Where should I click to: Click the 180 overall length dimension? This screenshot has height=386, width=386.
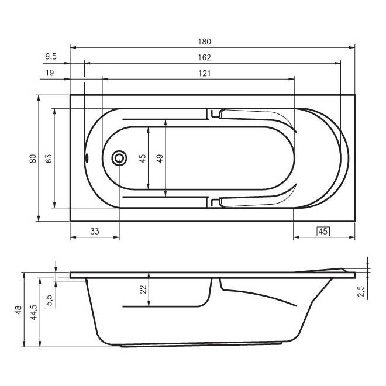tap(204, 42)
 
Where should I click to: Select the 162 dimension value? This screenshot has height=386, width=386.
tap(204, 57)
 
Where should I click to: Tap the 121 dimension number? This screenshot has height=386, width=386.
tap(204, 73)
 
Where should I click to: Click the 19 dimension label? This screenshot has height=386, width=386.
tap(50, 73)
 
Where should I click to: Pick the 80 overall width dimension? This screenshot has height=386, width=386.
tap(33, 158)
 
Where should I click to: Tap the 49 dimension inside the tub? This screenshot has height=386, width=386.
tap(159, 158)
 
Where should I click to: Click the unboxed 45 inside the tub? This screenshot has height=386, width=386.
tap(143, 158)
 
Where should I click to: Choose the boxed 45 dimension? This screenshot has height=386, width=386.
tap(322, 231)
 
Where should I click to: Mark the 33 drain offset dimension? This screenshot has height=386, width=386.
tap(95, 231)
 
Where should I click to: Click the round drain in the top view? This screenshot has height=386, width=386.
tap(119, 157)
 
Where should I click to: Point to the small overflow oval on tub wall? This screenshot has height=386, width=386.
tap(87, 157)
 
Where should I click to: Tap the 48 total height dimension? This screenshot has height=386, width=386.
tap(19, 310)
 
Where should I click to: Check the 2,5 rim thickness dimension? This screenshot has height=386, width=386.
tap(363, 288)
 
